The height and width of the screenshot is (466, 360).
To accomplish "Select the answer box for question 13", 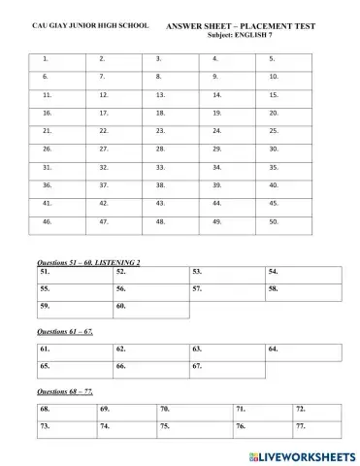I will (179, 95).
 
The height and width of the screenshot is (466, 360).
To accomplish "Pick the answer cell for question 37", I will (122, 184).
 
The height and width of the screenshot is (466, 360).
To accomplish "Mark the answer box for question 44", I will (234, 203).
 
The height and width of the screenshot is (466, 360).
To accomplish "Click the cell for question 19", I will (234, 113).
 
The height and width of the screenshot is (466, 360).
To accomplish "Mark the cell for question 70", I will (193, 410).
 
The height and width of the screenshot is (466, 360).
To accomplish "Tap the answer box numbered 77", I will (316, 427).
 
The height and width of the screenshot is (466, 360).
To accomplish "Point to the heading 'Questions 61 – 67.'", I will (64, 331).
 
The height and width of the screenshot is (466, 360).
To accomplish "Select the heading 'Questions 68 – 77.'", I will (64, 390).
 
